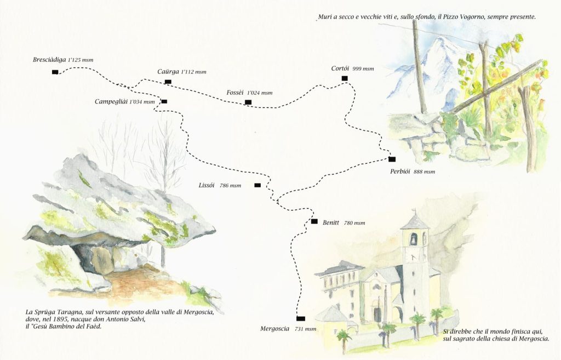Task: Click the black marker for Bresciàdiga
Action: click(55, 72)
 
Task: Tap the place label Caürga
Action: click(168, 71)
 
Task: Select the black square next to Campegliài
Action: click(164, 101)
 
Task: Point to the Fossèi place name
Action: click(235, 93)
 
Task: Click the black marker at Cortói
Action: click(345, 78)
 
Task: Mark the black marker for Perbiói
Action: click(392, 159)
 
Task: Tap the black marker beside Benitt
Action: click(314, 221)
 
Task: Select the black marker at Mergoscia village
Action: click(300, 318)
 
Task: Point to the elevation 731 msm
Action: click(305, 329)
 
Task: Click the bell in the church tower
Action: click(414, 238)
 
